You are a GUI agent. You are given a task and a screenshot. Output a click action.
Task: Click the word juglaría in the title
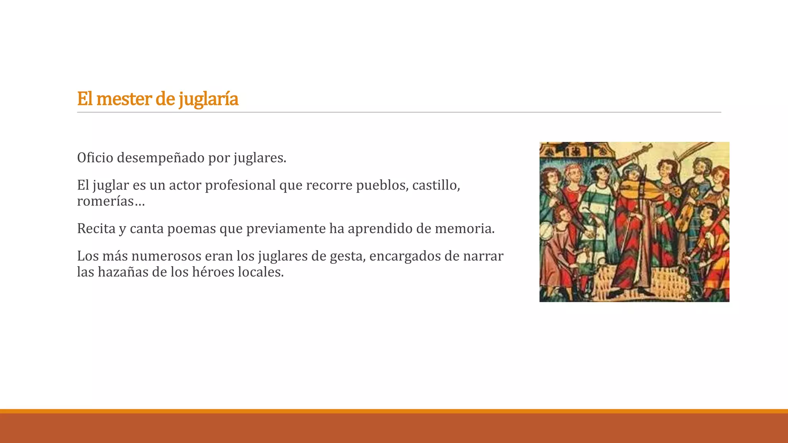pyautogui.click(x=208, y=99)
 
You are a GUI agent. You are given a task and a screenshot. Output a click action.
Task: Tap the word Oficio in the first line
pyautogui.click(x=95, y=158)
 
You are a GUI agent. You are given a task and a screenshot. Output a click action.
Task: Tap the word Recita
pyautogui.click(x=96, y=228)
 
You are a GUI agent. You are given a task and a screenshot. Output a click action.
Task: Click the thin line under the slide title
pyautogui.click(x=399, y=112)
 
